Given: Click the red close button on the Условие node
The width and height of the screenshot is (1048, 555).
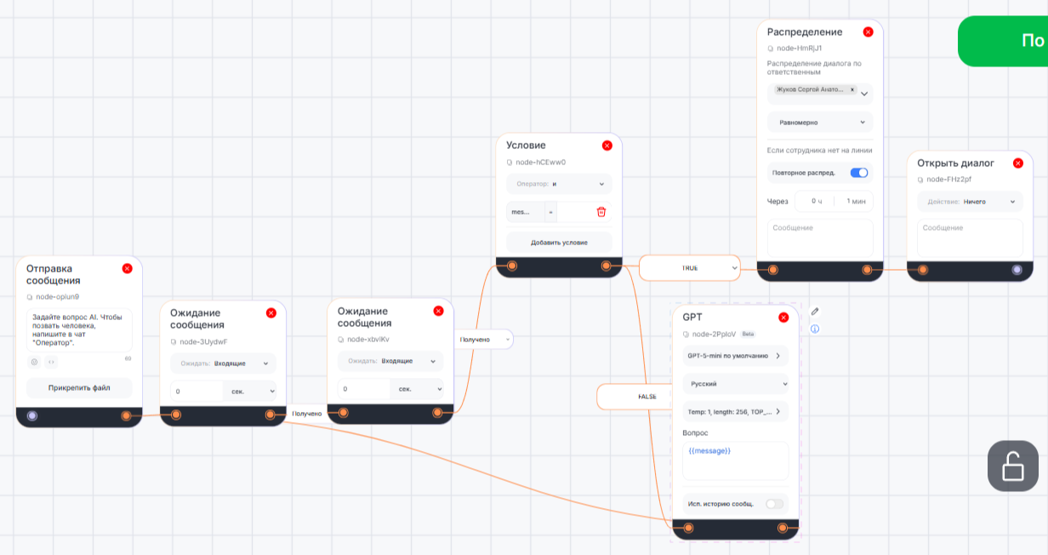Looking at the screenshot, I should click(607, 146).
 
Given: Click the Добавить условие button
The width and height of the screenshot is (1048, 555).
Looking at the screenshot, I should click(559, 243).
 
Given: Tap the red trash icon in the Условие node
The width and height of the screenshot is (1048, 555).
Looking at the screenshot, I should click(601, 212).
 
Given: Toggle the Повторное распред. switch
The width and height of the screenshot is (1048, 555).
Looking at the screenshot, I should click(859, 173).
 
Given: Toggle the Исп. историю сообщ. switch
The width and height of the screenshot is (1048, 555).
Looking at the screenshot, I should click(774, 504).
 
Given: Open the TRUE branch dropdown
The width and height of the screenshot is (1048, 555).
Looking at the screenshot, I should click(734, 267).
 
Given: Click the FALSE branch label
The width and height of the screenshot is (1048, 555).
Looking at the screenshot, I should click(647, 397).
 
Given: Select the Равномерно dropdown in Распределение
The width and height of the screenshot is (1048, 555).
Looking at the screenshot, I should click(820, 123).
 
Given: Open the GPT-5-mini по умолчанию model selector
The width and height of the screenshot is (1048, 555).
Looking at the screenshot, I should click(735, 356).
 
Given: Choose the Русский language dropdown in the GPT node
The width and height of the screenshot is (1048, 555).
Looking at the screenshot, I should click(735, 384).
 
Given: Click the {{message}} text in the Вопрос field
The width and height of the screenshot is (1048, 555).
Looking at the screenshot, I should click(709, 450).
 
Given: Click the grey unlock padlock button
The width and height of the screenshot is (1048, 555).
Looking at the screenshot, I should click(1012, 466).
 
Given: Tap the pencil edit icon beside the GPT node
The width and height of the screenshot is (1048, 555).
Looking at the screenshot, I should click(814, 312).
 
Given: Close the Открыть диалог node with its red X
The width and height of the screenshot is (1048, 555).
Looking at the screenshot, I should click(1018, 163).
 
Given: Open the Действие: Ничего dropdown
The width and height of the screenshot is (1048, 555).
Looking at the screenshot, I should click(970, 202).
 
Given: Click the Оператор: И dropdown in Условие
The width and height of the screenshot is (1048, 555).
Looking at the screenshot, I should click(559, 184).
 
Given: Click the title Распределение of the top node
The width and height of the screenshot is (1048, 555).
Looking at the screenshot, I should click(805, 32).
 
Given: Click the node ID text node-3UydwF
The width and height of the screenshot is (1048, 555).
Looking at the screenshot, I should click(203, 341).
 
